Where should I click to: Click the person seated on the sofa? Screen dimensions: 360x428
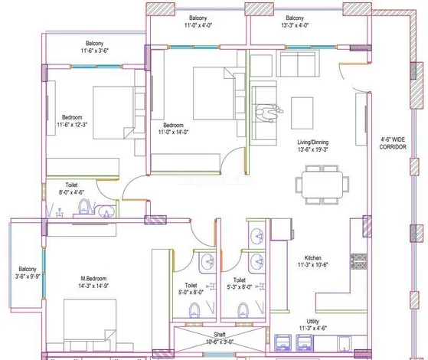click(x=265, y=113)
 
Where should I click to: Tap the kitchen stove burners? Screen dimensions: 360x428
click(x=358, y=262)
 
